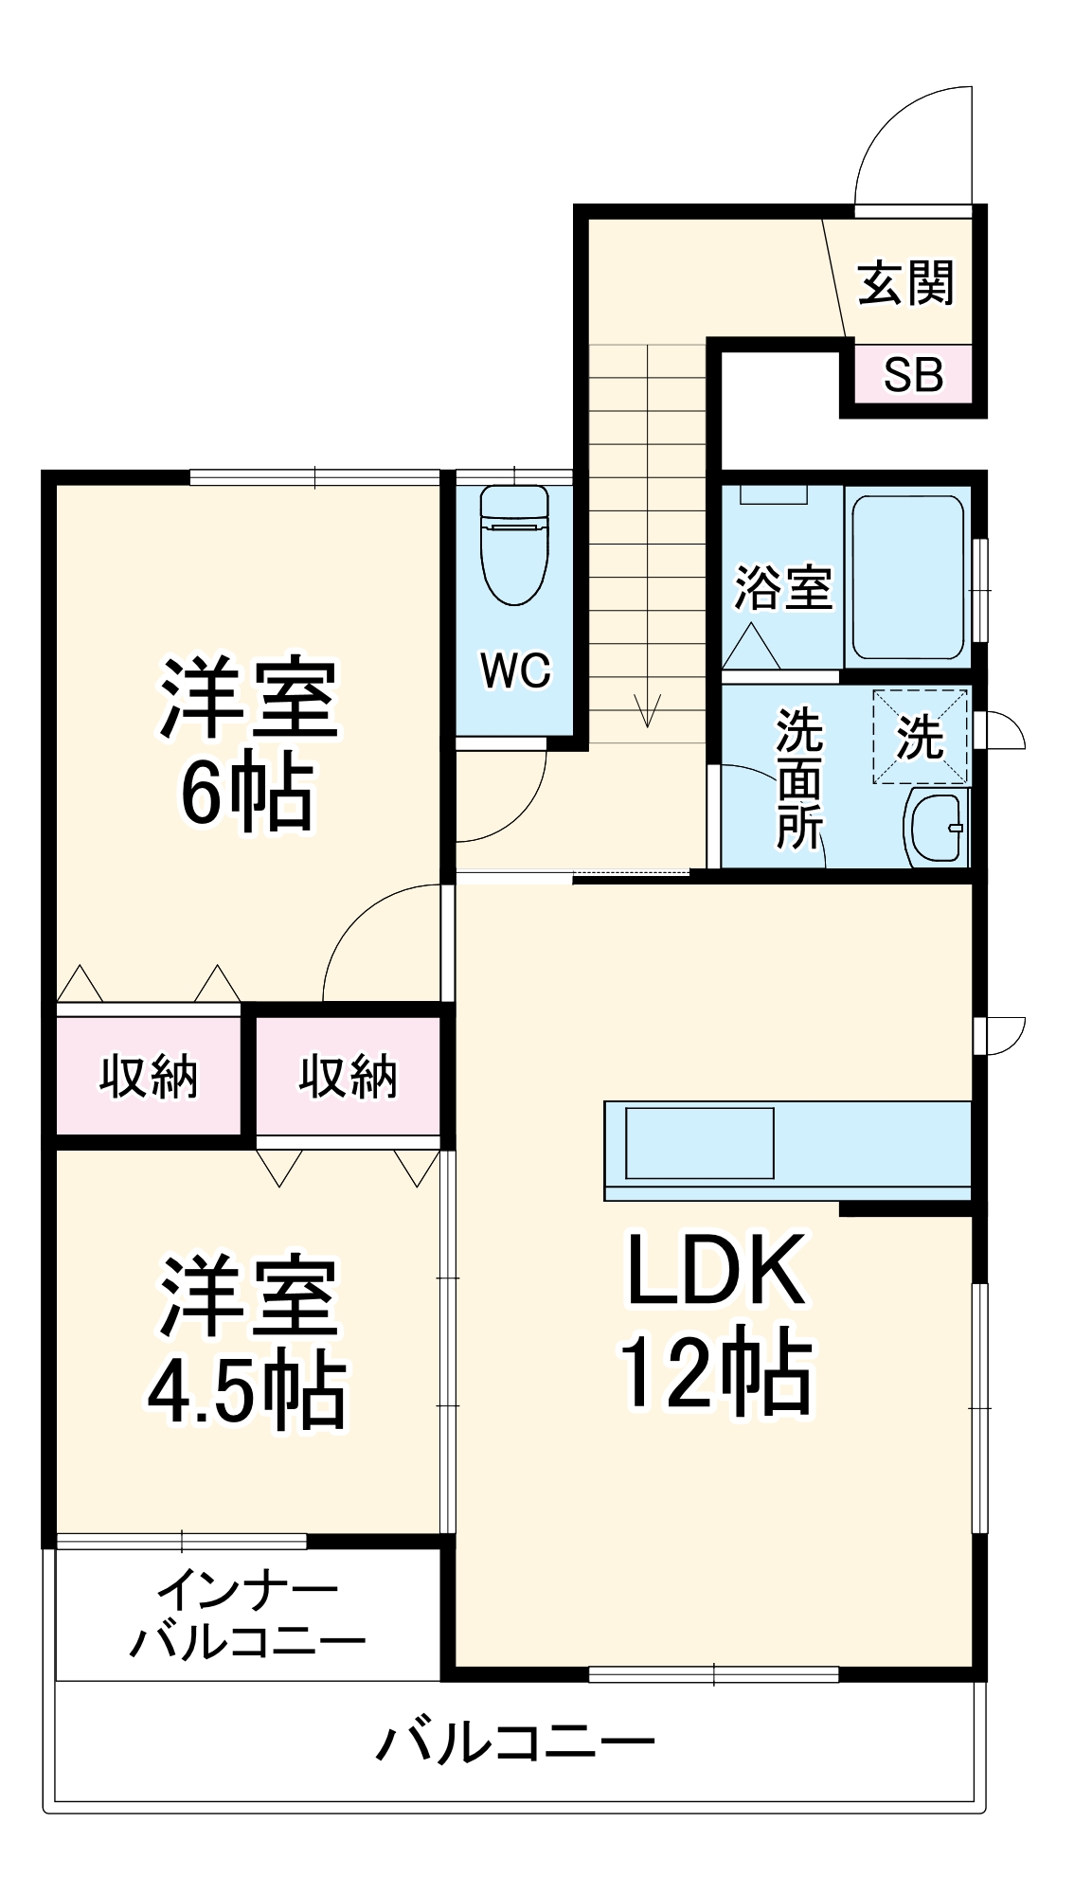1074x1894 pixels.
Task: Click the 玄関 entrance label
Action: point(905,283)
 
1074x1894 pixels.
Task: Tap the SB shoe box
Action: point(913,375)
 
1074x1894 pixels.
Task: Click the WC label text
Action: point(515,670)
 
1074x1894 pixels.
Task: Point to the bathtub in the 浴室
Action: point(907,578)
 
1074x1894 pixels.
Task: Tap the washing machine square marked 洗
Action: point(921,737)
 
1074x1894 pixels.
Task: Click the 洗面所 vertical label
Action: point(799,778)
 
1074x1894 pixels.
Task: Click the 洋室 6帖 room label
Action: point(247,744)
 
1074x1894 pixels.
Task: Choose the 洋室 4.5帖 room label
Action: point(247,1343)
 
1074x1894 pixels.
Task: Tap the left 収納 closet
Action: point(149,1076)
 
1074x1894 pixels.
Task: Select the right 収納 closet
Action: point(348,1076)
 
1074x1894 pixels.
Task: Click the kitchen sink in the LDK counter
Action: point(699,1143)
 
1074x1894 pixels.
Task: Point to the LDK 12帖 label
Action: point(716,1322)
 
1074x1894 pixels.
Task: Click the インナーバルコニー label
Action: point(247,1617)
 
